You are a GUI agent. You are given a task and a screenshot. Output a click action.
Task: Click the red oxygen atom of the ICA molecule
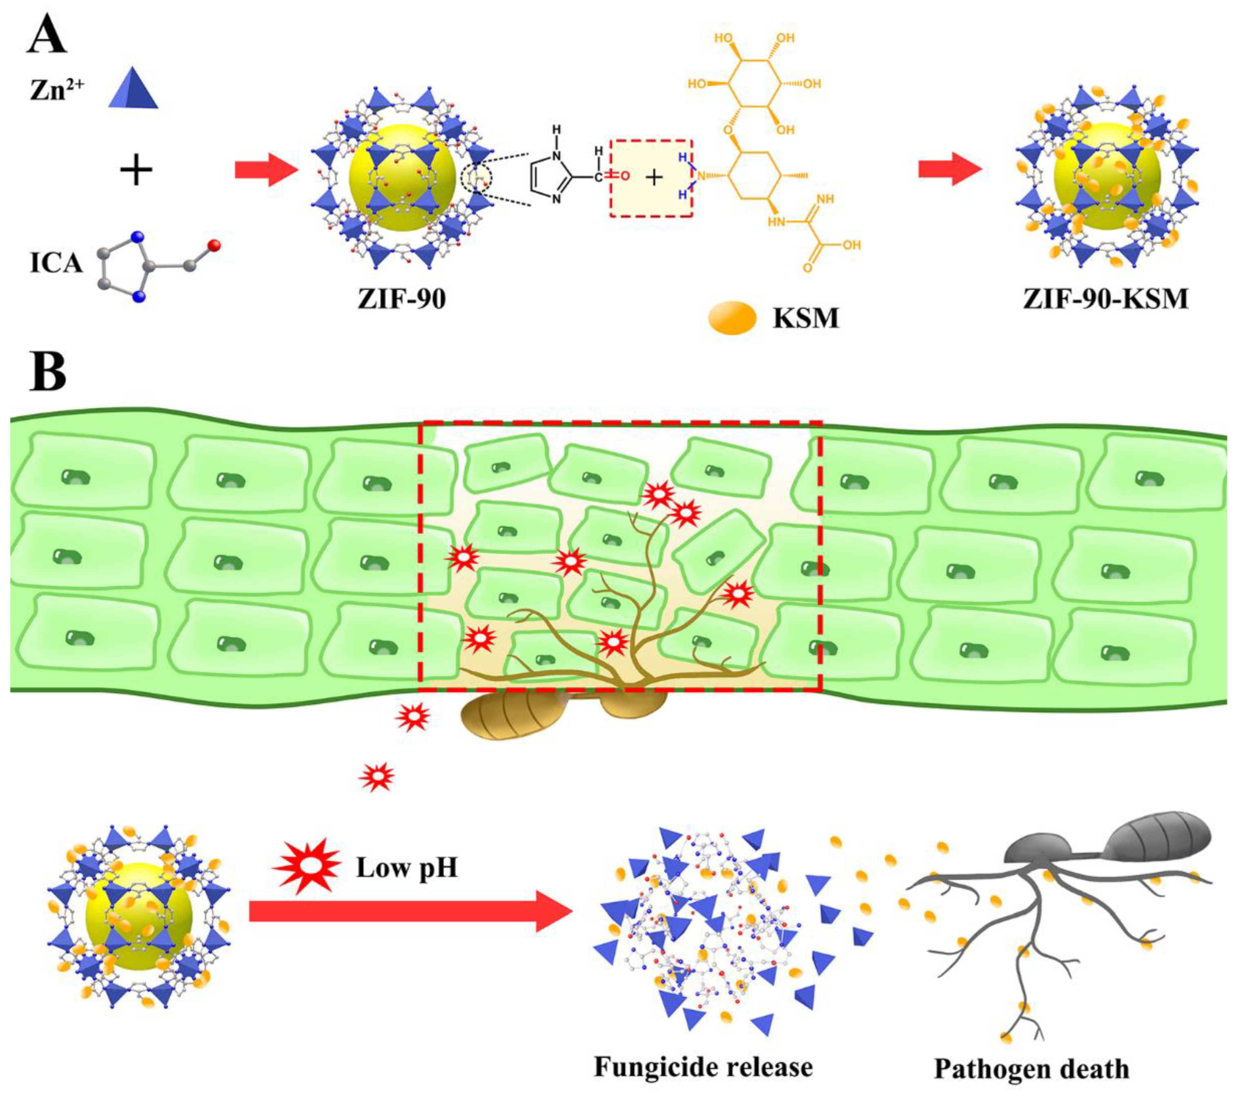click(213, 246)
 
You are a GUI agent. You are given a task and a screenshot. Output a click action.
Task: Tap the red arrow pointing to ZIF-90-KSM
click(950, 170)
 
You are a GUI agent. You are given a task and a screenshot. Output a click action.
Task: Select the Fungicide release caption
click(703, 1067)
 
